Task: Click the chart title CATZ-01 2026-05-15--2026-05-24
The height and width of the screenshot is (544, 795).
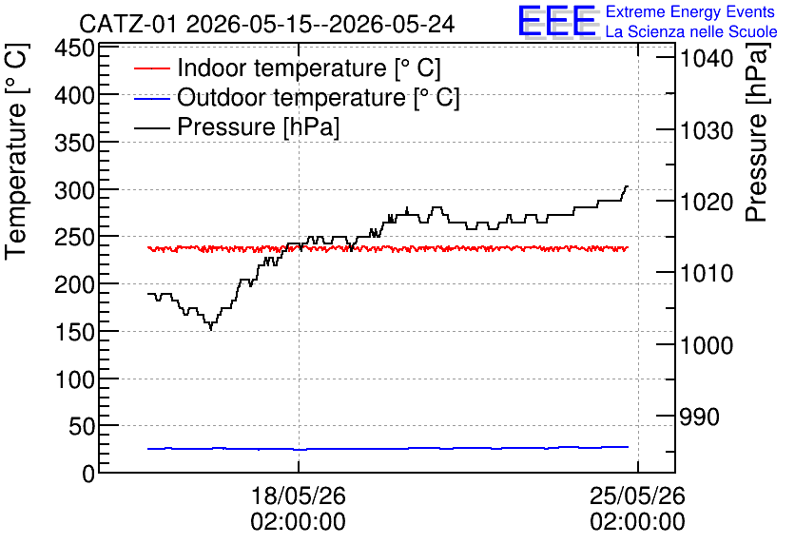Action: (x=266, y=24)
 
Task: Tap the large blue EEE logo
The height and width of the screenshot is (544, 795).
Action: (x=557, y=21)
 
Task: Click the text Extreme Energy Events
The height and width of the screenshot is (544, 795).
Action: (x=690, y=11)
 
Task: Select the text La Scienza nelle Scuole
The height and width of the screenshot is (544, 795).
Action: (x=691, y=31)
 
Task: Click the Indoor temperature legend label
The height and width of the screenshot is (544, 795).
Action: (x=309, y=68)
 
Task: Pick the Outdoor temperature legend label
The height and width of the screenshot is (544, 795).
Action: (x=318, y=97)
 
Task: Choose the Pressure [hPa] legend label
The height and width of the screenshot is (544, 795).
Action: (x=258, y=126)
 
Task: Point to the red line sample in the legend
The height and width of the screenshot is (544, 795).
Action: (x=151, y=68)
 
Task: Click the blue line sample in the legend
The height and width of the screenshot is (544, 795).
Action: (x=151, y=98)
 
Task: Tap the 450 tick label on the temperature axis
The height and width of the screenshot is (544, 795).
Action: (x=74, y=49)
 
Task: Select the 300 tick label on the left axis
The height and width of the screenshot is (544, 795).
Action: (x=74, y=190)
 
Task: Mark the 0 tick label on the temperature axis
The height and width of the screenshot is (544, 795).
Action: (x=88, y=474)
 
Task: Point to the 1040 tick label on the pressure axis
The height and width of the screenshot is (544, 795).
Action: (x=707, y=58)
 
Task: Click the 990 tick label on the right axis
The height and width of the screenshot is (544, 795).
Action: (x=699, y=417)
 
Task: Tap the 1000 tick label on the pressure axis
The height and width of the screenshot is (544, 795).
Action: (x=707, y=345)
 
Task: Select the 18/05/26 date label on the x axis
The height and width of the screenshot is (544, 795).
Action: (x=299, y=495)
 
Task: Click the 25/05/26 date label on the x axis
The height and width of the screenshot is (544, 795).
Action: (x=637, y=495)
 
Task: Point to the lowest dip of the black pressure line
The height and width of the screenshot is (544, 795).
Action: (x=211, y=330)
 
